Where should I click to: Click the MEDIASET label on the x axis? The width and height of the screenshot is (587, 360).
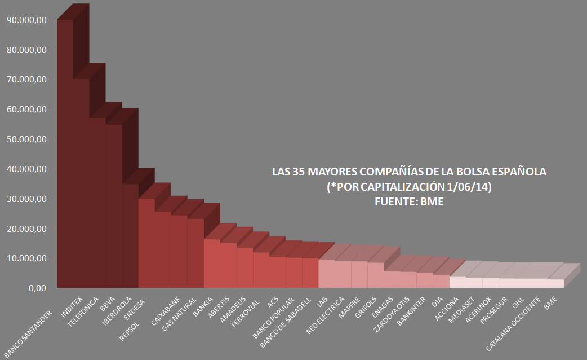point(461,308)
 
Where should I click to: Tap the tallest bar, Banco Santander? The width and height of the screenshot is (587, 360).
point(65,158)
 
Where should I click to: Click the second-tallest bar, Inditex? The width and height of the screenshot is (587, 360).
point(81,186)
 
